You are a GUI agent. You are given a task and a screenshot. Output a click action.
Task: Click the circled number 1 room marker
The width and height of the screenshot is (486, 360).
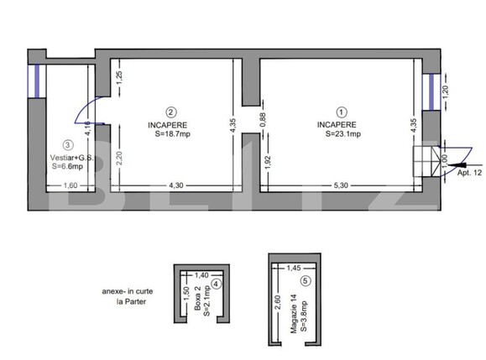[x=341, y=111]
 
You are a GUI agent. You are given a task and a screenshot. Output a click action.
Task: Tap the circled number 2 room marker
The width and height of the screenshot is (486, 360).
[x=170, y=111]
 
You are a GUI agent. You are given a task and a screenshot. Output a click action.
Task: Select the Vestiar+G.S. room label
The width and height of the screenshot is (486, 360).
[x=73, y=157]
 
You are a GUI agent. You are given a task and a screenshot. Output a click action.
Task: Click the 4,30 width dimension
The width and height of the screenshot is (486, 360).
[x=176, y=185]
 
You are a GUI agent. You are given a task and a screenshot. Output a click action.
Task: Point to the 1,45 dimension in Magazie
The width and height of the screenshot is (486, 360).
[x=292, y=268]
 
